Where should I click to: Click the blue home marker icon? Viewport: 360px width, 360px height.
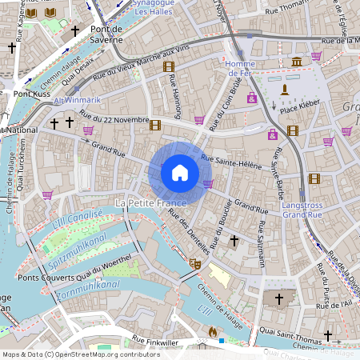click(x=180, y=172)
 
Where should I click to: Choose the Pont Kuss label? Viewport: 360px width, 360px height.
click(x=32, y=94)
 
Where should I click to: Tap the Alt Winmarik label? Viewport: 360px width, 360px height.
click(x=77, y=100)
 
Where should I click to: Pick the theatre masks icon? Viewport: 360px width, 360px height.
click(x=194, y=262)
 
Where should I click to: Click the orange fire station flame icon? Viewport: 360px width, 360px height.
click(x=212, y=330)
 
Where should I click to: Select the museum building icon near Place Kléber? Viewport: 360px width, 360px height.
click(x=297, y=62)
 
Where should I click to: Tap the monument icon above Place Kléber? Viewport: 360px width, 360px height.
click(x=283, y=89)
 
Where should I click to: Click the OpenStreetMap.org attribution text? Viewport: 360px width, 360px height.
click(x=117, y=354)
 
